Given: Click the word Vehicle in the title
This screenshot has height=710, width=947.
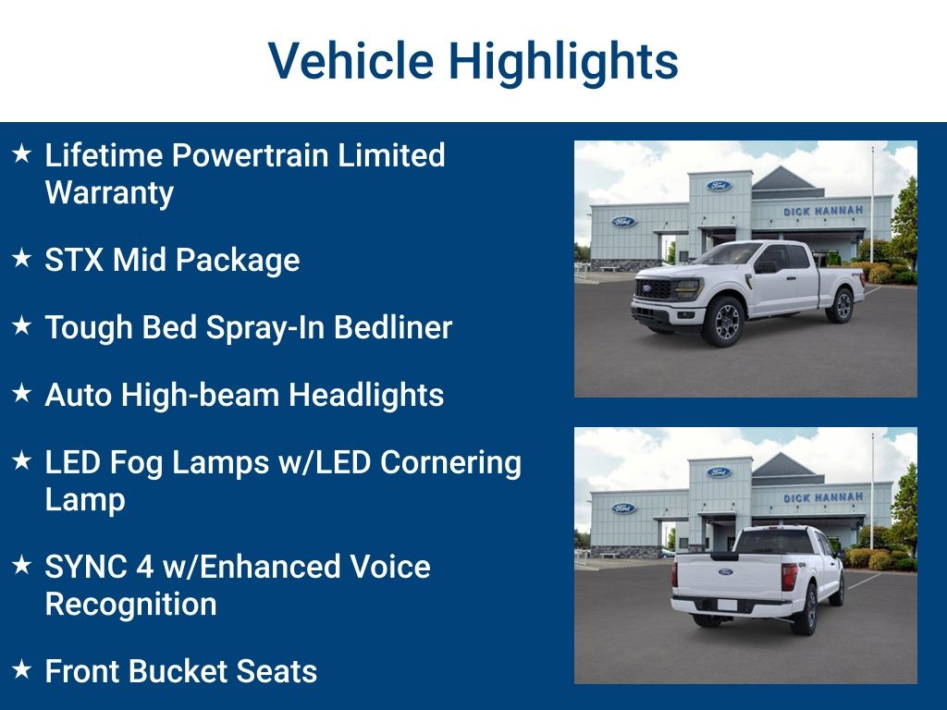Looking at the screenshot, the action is (x=351, y=60).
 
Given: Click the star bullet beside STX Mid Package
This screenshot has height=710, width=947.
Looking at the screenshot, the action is (x=22, y=258).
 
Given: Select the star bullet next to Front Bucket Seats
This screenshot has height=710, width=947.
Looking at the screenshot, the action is (x=22, y=669).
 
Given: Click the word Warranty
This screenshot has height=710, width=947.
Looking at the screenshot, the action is (x=109, y=193).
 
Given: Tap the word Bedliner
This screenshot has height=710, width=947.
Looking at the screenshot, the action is (x=393, y=327).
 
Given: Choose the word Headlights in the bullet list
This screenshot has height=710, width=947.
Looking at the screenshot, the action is (x=366, y=396).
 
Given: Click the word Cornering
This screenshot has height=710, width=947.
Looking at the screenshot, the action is (x=450, y=464).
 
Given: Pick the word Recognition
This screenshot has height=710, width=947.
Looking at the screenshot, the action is (x=131, y=605).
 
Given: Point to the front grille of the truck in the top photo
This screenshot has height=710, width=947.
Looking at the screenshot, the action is (x=654, y=289).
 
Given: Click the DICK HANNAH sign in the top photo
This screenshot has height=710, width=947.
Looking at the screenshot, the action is (x=823, y=212).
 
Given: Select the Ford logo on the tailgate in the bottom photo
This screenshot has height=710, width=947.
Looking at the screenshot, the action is (x=725, y=571).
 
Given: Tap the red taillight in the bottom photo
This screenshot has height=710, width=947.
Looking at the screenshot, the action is (x=790, y=577).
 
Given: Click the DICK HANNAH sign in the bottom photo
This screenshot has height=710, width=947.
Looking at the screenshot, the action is (x=823, y=497).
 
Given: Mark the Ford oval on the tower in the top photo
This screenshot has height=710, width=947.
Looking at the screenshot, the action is (x=719, y=185).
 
